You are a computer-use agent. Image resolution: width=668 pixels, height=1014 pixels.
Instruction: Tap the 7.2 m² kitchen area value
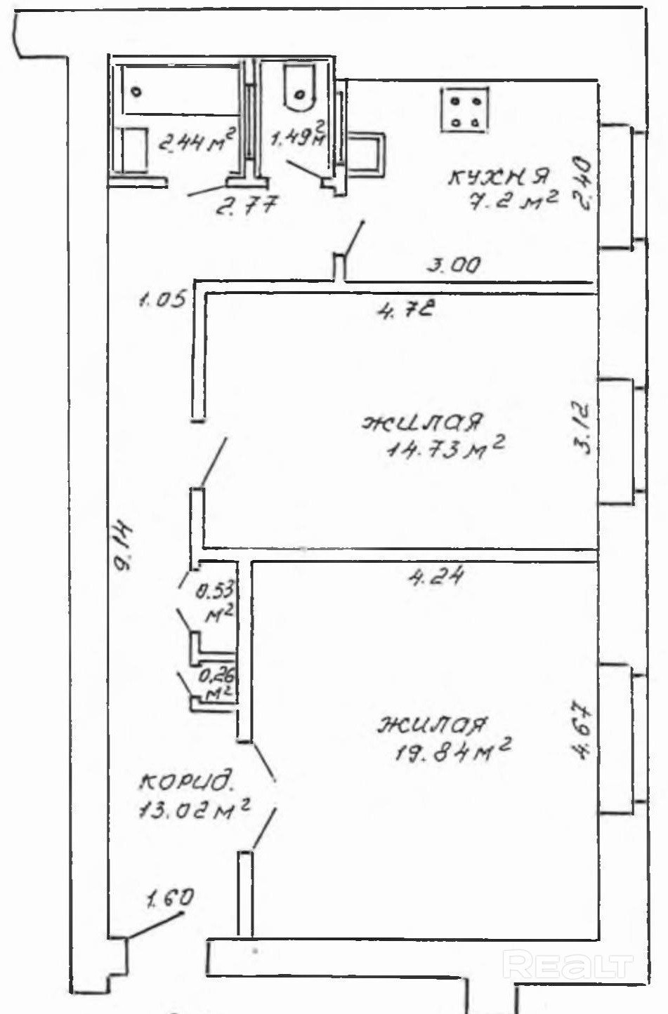coord(513,202)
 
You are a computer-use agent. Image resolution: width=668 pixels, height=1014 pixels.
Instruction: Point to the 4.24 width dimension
coord(437,577)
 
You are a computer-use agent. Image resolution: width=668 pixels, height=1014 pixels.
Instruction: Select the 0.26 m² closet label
coord(217,684)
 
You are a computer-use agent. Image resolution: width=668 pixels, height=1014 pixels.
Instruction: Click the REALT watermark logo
coord(568,966)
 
